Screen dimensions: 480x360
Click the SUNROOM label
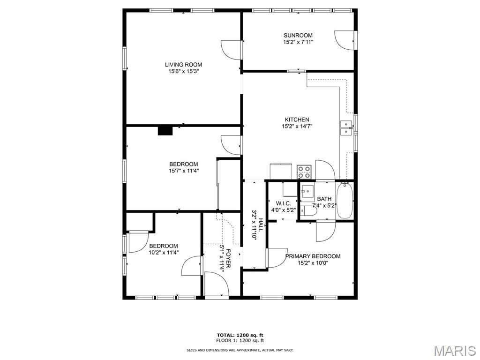(298, 35)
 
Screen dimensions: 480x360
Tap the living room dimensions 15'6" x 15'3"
(183, 71)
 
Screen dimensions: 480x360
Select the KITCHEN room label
(297, 120)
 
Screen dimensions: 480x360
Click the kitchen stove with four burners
(305, 172)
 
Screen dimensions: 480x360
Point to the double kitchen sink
(346, 128)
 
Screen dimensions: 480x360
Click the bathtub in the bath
(345, 201)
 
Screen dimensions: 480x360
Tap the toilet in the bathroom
(308, 211)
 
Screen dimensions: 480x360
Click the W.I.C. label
(283, 203)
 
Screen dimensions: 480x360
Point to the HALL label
(261, 225)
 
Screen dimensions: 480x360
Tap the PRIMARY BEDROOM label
(313, 256)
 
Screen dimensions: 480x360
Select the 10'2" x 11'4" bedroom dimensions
(164, 253)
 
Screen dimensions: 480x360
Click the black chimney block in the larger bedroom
(165, 131)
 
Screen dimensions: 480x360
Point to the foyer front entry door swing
(217, 284)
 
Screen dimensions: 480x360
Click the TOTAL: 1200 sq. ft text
(240, 335)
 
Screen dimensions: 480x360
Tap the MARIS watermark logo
(455, 351)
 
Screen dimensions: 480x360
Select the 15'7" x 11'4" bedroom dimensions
(184, 171)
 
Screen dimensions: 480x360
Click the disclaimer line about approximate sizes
(240, 350)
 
